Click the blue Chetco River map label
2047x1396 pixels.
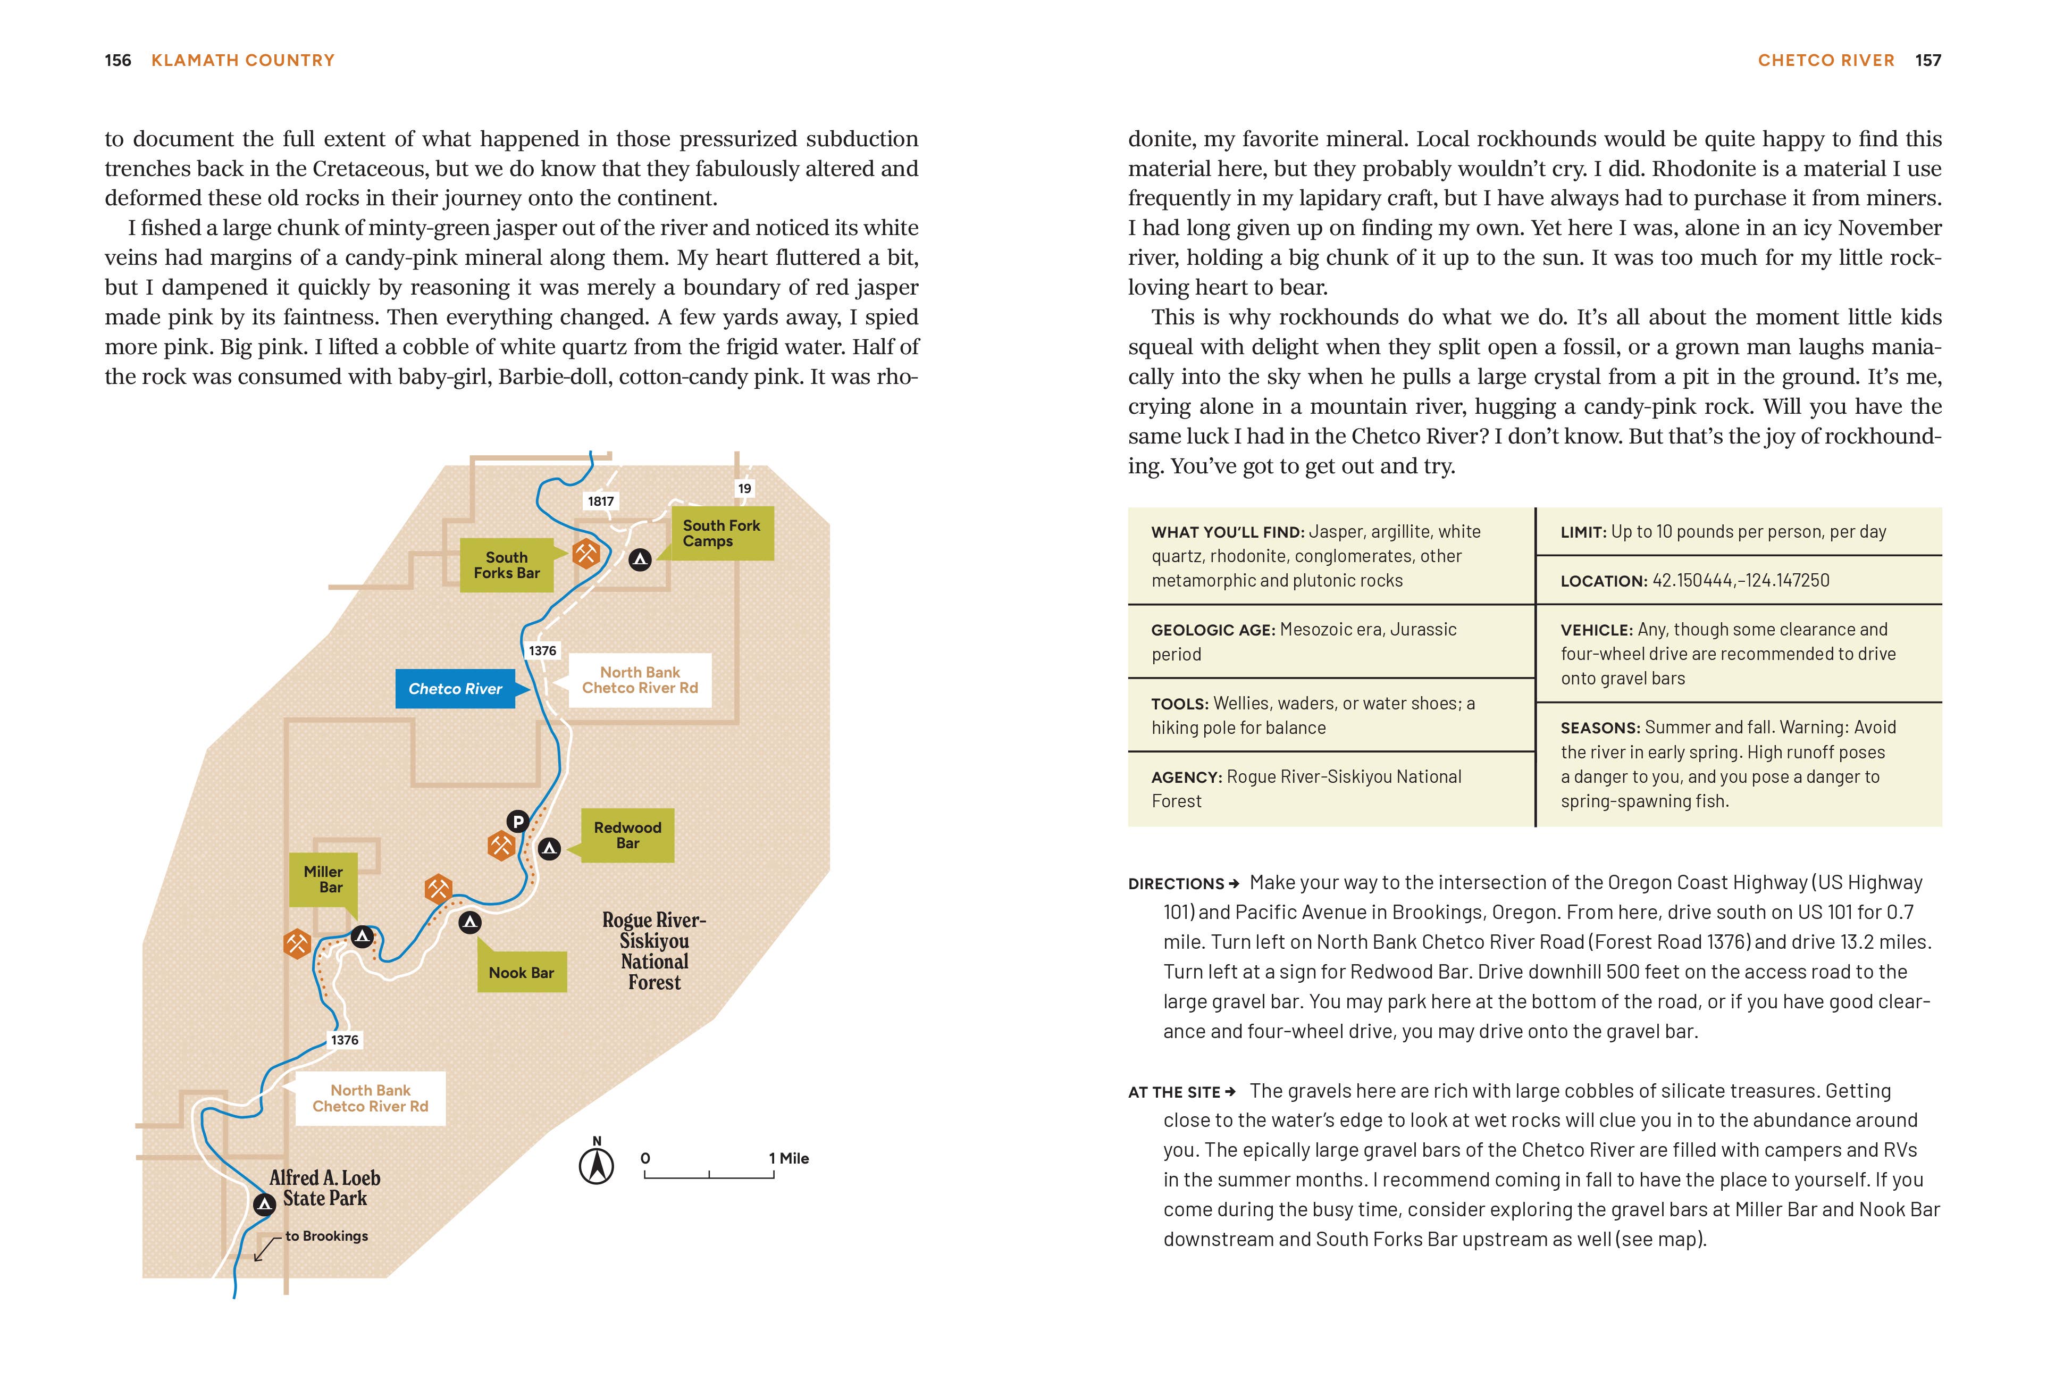(455, 689)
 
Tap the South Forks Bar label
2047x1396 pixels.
(507, 565)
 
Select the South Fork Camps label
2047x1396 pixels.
(722, 533)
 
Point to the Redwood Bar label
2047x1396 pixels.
(627, 835)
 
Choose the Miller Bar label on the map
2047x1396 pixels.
(323, 879)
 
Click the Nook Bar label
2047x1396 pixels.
(522, 972)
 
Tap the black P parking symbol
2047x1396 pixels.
(518, 821)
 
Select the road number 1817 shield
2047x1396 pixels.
(601, 501)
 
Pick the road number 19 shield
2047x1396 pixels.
(744, 488)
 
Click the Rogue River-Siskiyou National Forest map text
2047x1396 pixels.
(655, 951)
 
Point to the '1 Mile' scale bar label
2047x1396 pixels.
(788, 1158)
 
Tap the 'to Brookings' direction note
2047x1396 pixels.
(326, 1236)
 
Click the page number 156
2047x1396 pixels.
(117, 60)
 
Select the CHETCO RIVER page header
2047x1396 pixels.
(1826, 60)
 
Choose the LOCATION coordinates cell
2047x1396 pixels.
(1694, 580)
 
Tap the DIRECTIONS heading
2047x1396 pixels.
(1177, 883)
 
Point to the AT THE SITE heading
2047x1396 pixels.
(1175, 1092)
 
